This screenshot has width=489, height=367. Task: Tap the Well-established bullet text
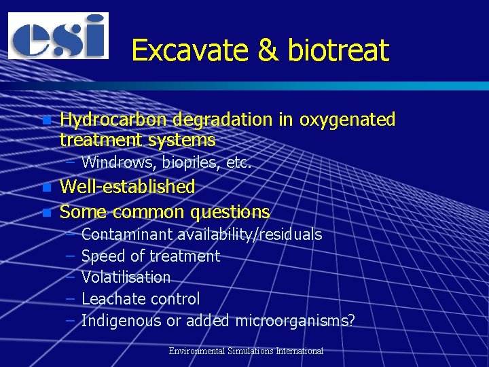pos(128,186)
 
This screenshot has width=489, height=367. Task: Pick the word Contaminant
pos(127,234)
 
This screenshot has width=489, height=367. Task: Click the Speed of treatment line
pos(151,256)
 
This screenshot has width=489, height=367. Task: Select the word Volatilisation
pos(126,277)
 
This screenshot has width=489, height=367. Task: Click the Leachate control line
pos(141,299)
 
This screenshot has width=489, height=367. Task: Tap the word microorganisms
pos(295,321)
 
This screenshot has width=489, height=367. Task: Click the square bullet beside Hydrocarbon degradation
pos(46,121)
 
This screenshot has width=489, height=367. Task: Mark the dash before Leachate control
pos(70,299)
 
